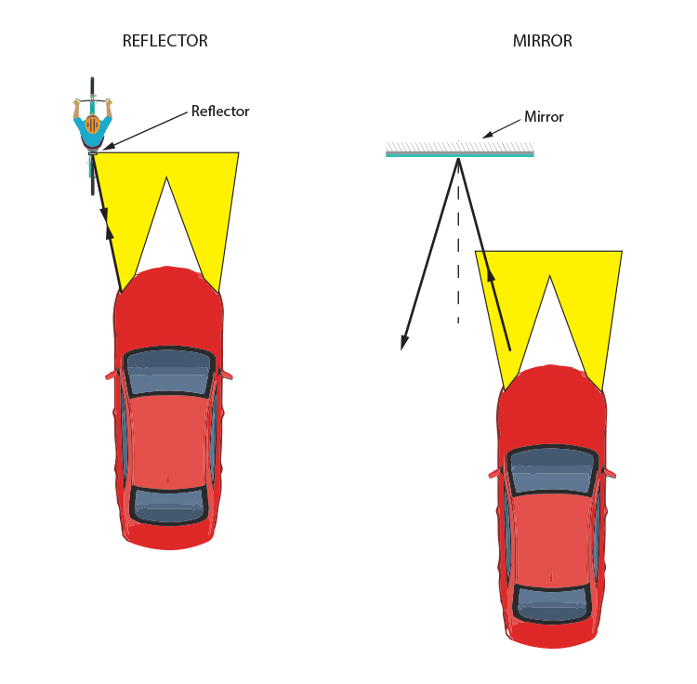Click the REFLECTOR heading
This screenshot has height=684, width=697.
click(x=165, y=41)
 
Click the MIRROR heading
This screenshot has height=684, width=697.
click(x=542, y=41)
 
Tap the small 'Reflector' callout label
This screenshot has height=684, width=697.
click(x=220, y=112)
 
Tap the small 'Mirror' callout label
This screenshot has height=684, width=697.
click(x=544, y=117)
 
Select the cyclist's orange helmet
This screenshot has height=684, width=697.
click(x=92, y=124)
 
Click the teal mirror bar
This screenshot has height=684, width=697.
click(x=459, y=153)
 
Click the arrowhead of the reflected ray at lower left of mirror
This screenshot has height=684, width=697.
click(x=403, y=344)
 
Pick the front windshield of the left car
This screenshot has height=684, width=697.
click(x=168, y=371)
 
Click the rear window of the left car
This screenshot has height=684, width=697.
click(x=168, y=503)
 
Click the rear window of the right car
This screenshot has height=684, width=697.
click(x=552, y=600)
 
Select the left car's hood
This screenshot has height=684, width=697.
click(x=168, y=307)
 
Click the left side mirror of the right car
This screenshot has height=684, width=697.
click(x=494, y=474)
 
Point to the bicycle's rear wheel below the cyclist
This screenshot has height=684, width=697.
click(x=92, y=177)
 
